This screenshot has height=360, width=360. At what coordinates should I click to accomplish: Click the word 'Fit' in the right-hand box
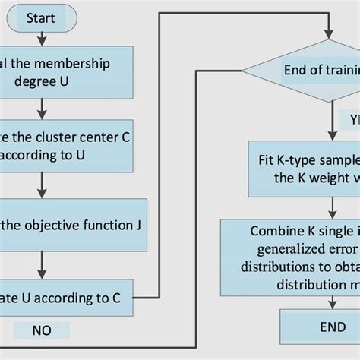click(264, 160)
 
